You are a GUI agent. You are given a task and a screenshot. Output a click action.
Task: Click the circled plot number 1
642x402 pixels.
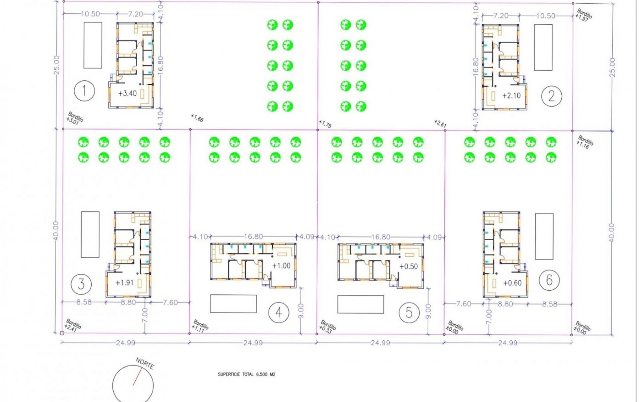[x=84, y=91]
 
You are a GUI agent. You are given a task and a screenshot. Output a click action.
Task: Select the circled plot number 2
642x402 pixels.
[x=551, y=96]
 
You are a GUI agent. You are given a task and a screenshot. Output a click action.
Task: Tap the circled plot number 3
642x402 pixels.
[x=81, y=284]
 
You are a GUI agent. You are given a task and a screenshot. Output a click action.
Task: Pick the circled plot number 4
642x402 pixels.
[x=279, y=313]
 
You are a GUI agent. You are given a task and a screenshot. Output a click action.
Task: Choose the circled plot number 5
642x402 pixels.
[x=409, y=313]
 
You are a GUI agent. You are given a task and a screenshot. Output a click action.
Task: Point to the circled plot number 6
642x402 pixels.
[x=549, y=280]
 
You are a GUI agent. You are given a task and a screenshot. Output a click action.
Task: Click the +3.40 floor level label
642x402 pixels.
[x=127, y=93]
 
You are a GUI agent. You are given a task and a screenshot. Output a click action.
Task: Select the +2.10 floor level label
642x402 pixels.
[x=511, y=96]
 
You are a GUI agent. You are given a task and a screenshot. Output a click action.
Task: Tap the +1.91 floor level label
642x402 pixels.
[x=124, y=283]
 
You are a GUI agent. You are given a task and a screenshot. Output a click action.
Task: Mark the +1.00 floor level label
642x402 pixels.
[x=281, y=266]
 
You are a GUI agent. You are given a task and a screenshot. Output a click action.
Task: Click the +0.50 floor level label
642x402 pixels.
[x=409, y=266]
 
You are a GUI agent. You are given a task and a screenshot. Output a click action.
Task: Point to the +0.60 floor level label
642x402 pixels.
[x=512, y=283]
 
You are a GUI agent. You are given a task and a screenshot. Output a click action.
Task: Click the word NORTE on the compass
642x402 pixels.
[x=145, y=363]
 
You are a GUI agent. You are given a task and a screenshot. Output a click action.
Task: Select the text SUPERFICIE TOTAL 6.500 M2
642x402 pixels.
[x=246, y=374]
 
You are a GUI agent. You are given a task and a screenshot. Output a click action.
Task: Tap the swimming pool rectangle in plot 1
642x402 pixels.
[x=93, y=45]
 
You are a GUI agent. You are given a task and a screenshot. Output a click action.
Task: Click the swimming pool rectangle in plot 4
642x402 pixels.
[x=233, y=304]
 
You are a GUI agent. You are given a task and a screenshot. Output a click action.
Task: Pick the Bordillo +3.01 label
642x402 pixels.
[x=74, y=118]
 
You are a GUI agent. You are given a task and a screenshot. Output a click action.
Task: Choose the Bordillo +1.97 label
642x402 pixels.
[x=583, y=15]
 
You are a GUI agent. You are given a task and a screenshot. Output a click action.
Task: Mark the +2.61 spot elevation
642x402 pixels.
[x=440, y=123]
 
